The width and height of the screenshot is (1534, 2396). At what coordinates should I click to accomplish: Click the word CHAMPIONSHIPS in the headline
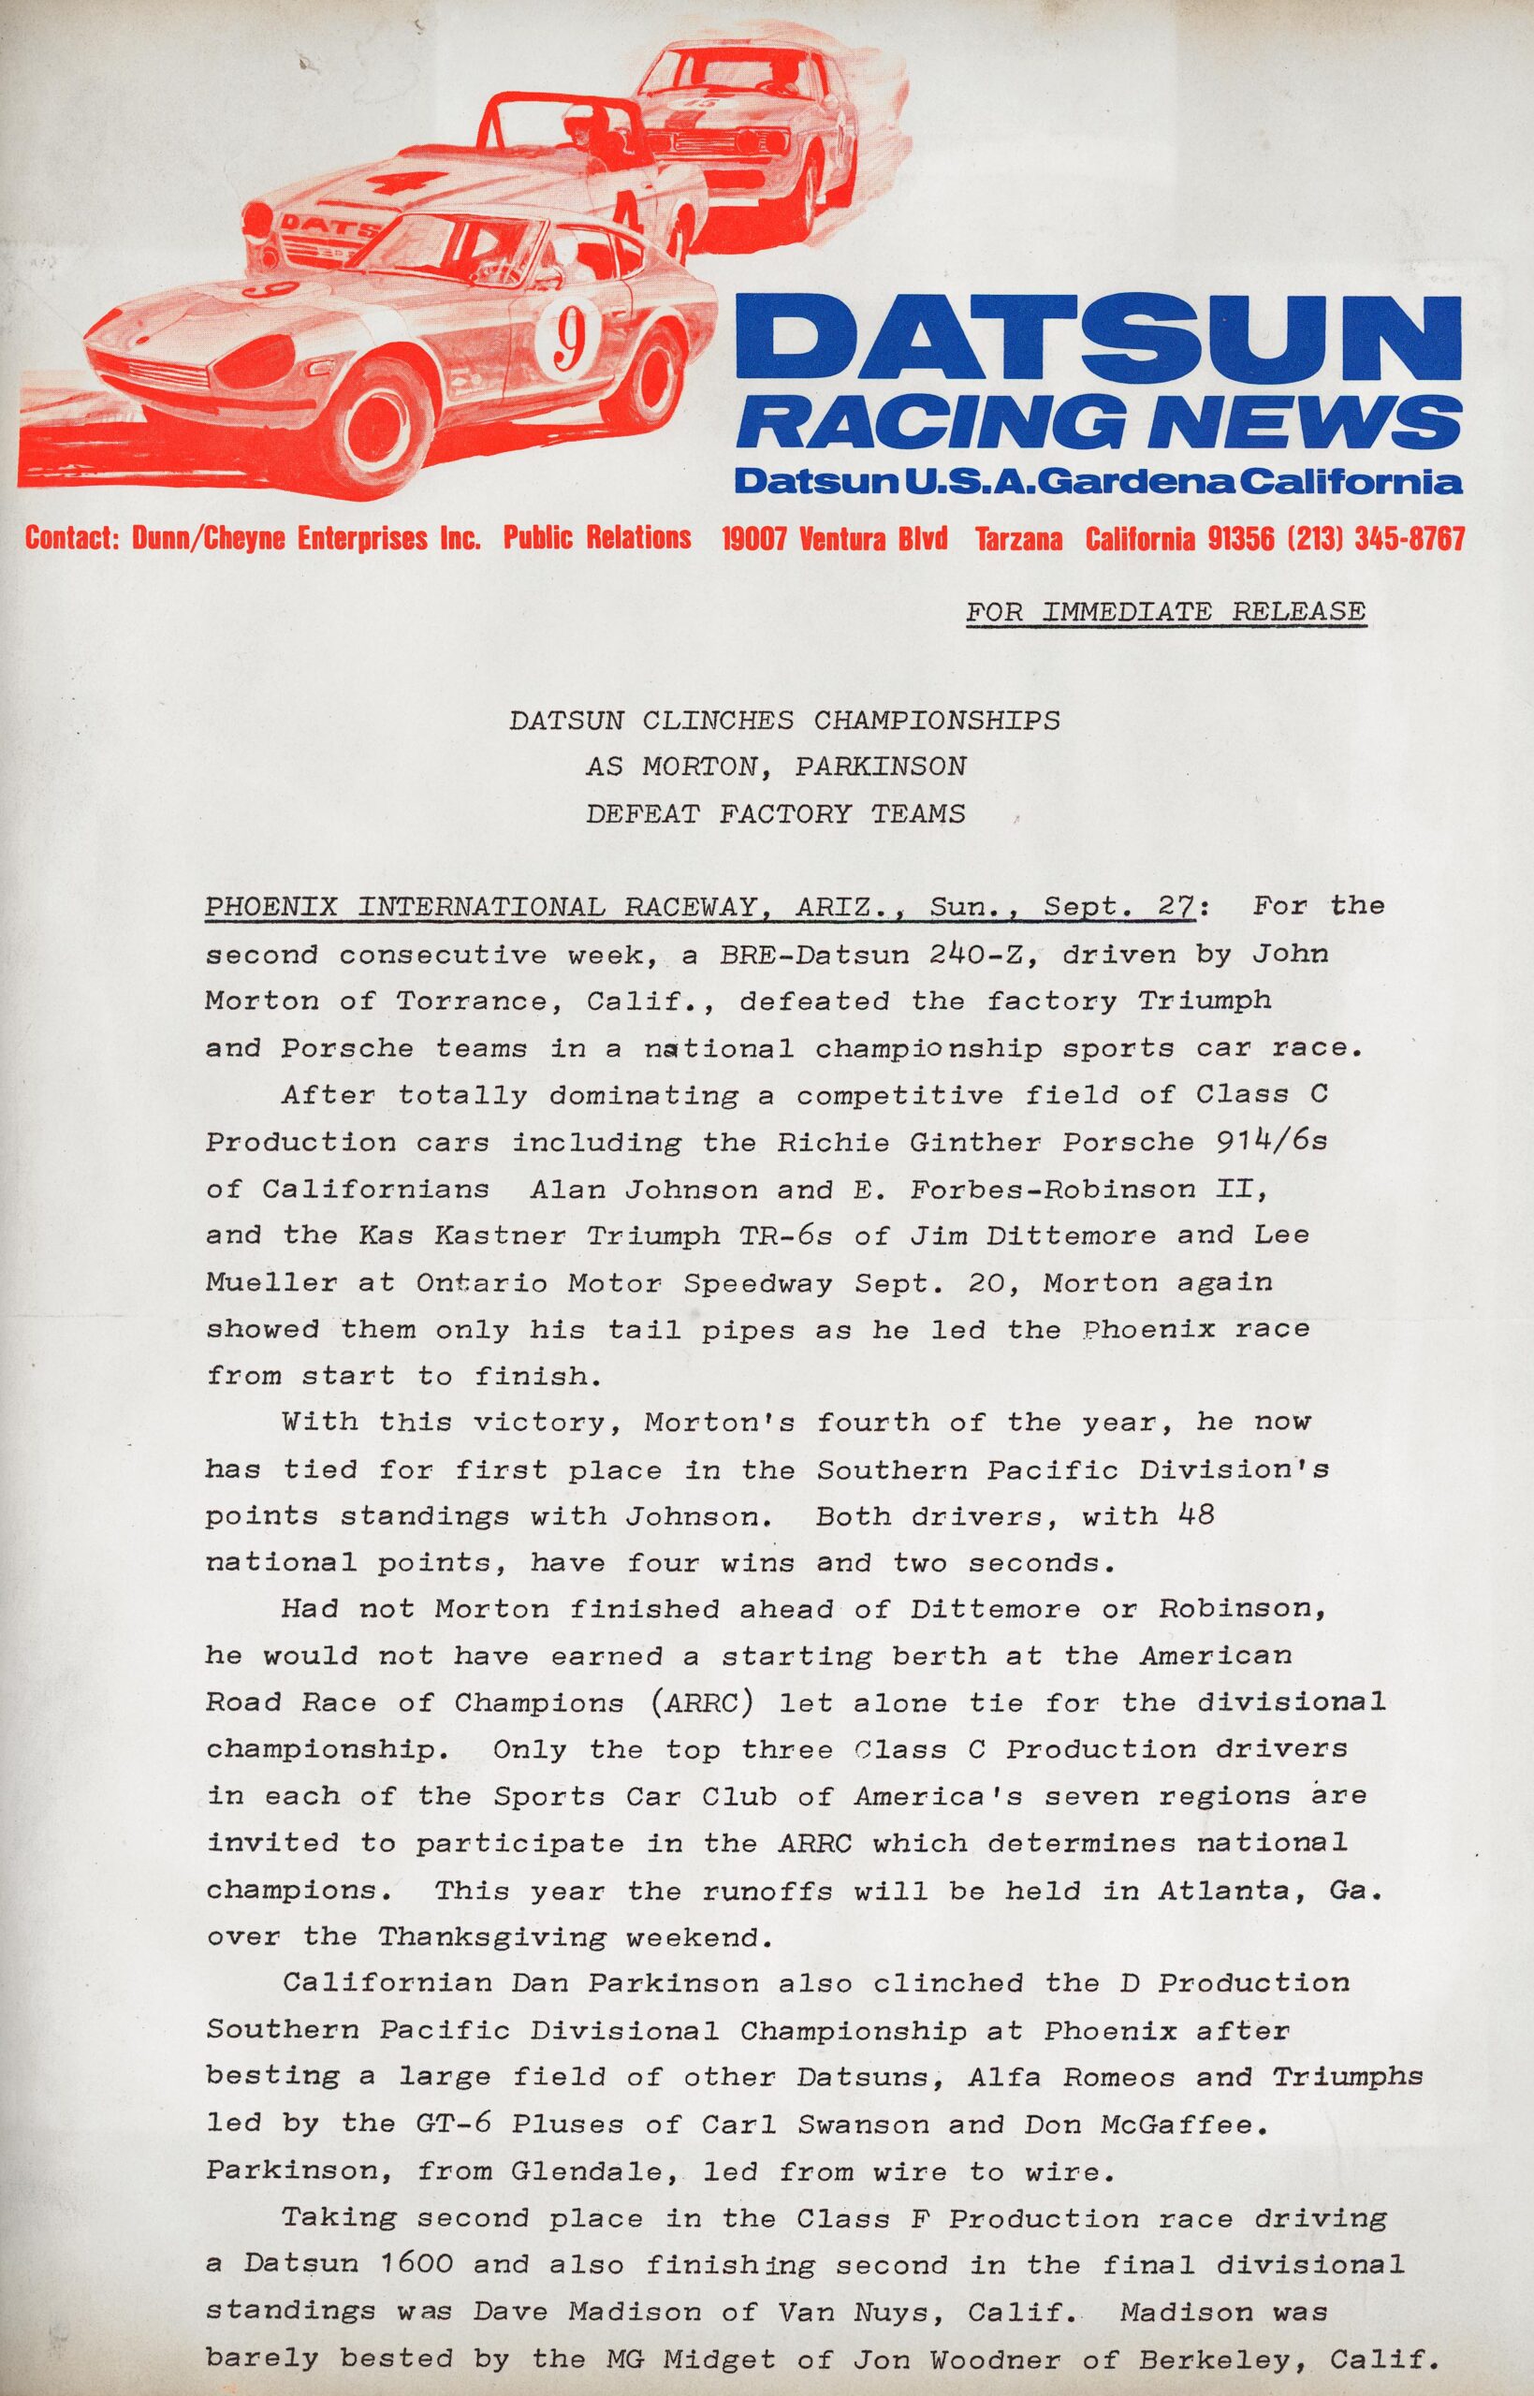[x=936, y=719]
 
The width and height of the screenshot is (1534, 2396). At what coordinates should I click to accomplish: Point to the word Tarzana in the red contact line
[x=1018, y=540]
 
